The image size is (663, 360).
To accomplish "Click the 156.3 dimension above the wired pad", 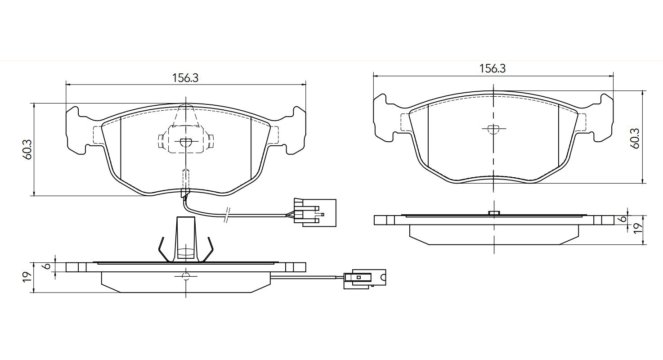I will point(185,78).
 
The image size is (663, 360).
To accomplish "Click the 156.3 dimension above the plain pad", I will point(493,69).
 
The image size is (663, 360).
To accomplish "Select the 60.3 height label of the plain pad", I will point(635,138).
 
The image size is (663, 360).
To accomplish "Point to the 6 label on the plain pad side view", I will point(623,219).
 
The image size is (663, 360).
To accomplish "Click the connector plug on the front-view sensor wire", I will point(314,211).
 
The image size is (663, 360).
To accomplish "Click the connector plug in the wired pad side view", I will point(365,278).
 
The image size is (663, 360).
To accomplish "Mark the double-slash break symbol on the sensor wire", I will point(228,216).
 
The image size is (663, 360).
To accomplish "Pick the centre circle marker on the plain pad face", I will point(493,129).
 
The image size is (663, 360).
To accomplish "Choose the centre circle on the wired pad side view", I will point(186,275).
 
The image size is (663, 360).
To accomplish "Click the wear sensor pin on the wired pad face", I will point(185,180).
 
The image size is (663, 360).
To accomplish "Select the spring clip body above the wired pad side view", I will point(186,238).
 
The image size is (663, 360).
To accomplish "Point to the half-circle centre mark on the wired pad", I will point(186,143).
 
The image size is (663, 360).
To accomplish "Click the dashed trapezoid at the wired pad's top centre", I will point(186,116).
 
